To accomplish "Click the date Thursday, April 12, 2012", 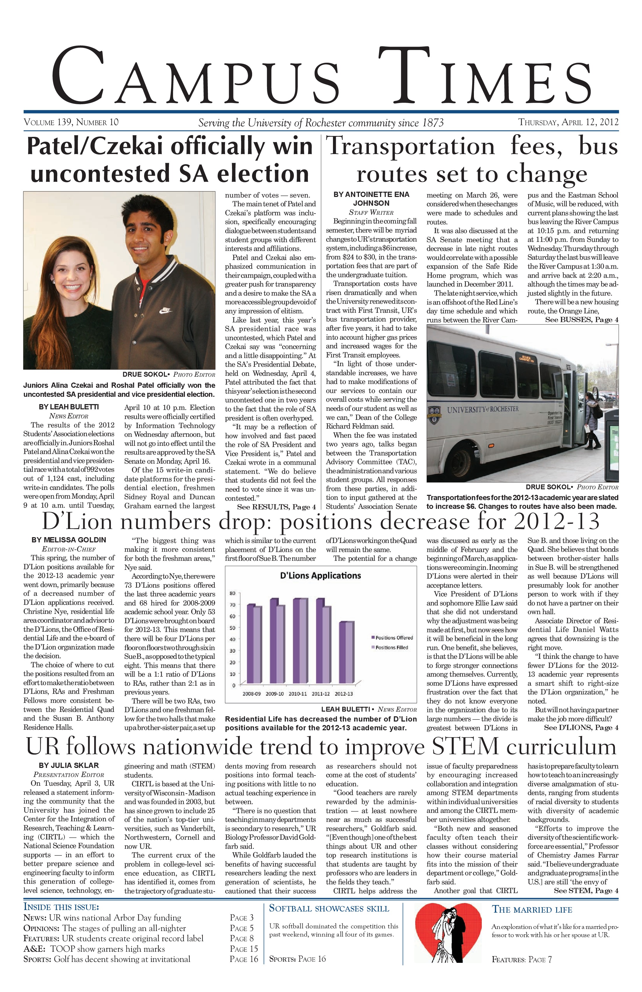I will coord(568,122).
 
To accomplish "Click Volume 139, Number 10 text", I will coord(71,122).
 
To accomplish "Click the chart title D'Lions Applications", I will coord(320,576).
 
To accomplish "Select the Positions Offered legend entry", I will coord(392,638).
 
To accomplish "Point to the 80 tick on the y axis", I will coord(233,593).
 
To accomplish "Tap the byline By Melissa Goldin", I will coord(69,540).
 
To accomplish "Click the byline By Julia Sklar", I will coord(69,765).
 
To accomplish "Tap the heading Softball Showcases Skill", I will coord(329,908).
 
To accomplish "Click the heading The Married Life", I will coord(532,909).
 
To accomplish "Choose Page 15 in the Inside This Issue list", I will coord(244,949).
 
